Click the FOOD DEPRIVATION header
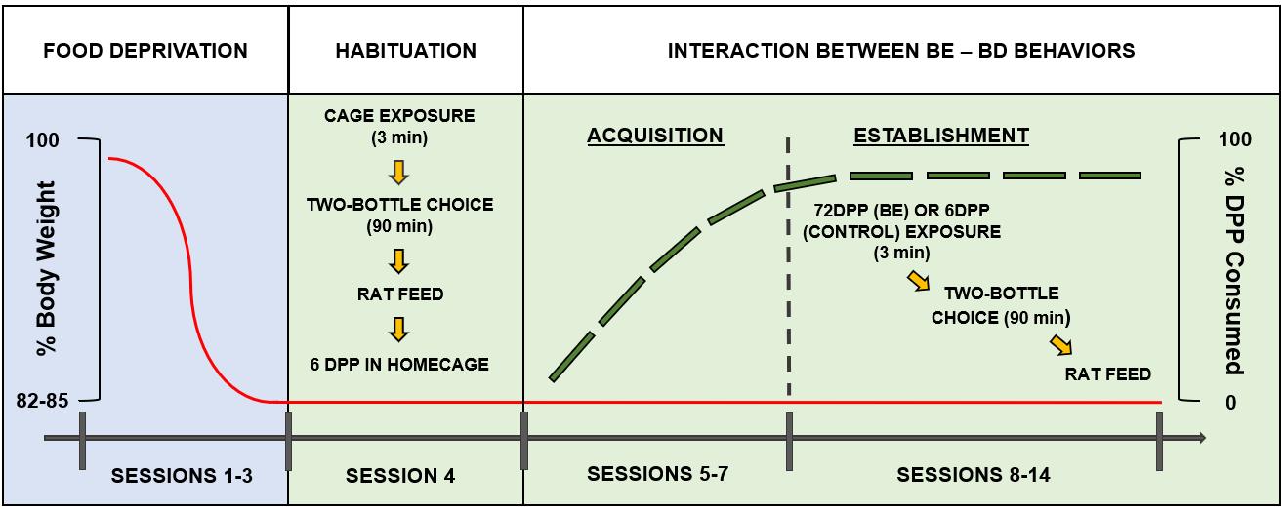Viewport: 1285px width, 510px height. click(145, 51)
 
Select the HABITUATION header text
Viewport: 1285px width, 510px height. click(405, 51)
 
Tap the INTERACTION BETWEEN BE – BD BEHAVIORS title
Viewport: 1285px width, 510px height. click(900, 51)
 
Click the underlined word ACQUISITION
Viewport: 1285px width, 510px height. click(655, 136)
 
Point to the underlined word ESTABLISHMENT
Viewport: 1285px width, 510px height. click(941, 136)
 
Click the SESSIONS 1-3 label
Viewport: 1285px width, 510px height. click(182, 476)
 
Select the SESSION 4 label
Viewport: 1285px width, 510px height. click(399, 476)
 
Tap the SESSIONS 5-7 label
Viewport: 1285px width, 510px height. click(657, 474)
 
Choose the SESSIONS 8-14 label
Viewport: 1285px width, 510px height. click(974, 475)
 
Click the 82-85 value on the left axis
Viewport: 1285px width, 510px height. click(42, 401)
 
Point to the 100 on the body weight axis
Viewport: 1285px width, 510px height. click(42, 140)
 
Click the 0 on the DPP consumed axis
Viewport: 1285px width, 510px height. click(1231, 403)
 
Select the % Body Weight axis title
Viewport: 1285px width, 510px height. click(47, 268)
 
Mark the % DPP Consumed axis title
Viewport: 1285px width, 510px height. click(1235, 271)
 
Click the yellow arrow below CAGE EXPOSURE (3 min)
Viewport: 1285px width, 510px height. click(398, 172)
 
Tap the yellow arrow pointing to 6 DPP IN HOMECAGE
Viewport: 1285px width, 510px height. click(398, 330)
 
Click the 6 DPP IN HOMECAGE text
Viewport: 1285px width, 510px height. click(399, 365)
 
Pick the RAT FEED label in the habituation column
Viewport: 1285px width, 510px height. click(399, 294)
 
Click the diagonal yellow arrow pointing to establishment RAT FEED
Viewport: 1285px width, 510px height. click(1061, 345)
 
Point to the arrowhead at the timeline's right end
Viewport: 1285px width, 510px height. click(1200, 438)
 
